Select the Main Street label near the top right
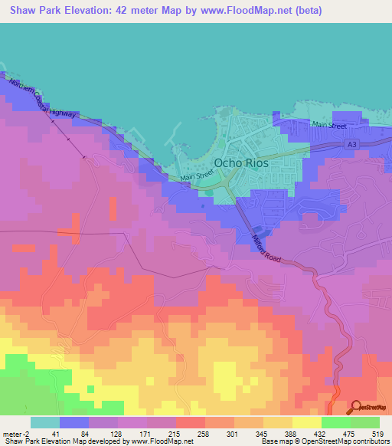(328, 126)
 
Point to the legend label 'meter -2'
(15, 433)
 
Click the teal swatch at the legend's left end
(45, 422)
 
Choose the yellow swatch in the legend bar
(306, 422)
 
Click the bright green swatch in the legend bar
(335, 422)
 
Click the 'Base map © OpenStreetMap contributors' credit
(322, 442)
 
